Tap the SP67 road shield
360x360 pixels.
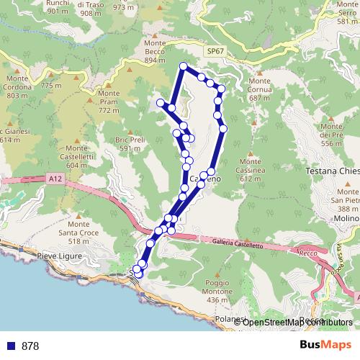pos(214,52)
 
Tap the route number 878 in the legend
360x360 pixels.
pos(30,346)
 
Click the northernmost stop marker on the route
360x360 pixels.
pos(183,67)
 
